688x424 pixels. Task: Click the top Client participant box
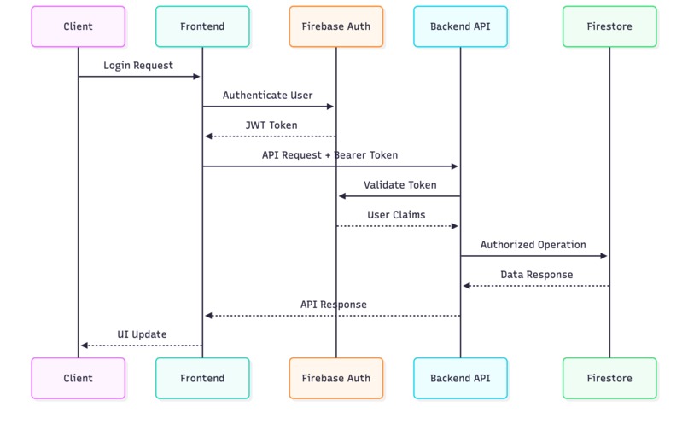click(x=78, y=26)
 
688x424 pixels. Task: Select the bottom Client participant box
click(x=78, y=378)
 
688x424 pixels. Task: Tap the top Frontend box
click(x=202, y=26)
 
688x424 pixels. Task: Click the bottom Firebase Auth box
click(x=335, y=378)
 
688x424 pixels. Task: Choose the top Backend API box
click(x=460, y=26)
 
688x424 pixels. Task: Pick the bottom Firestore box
click(x=609, y=378)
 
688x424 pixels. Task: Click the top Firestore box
click(x=609, y=26)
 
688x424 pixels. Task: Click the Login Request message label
click(x=138, y=66)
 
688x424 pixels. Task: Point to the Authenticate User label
click(x=267, y=96)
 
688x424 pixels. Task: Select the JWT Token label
click(x=271, y=125)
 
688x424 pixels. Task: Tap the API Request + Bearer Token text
click(x=329, y=155)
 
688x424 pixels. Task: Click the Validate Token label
click(x=399, y=185)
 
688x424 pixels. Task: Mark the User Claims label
click(x=396, y=215)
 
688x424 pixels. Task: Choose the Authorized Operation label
click(x=533, y=245)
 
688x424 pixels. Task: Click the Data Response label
click(x=536, y=275)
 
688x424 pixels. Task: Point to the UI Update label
click(x=142, y=334)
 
